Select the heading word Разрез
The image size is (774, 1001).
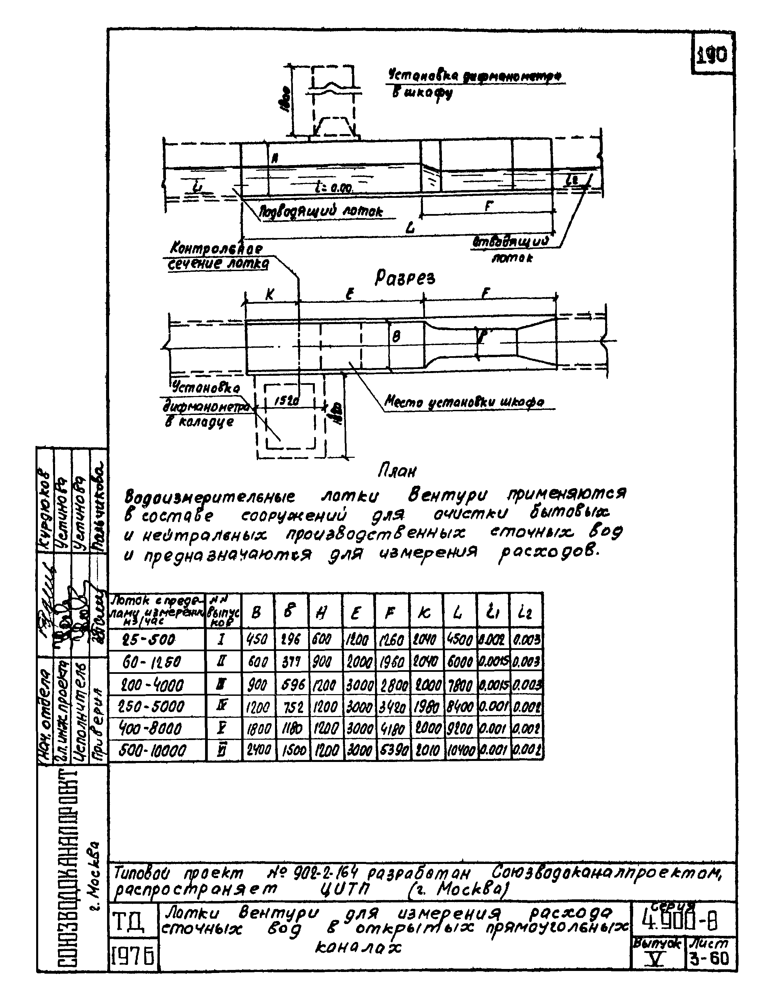pyautogui.click(x=405, y=278)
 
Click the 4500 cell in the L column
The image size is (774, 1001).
pyautogui.click(x=460, y=640)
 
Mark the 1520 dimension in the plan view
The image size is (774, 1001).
pyautogui.click(x=286, y=401)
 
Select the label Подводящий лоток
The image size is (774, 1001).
pyautogui.click(x=321, y=211)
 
